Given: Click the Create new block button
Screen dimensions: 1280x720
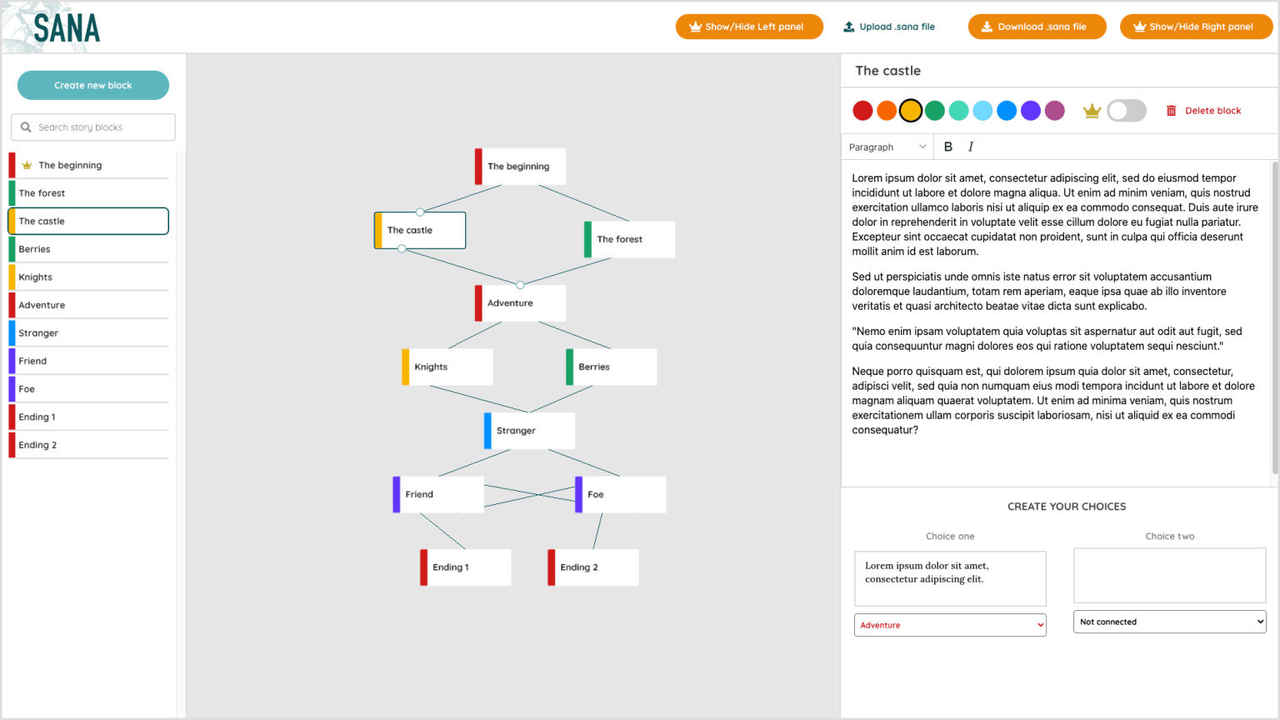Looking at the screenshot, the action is coord(93,85).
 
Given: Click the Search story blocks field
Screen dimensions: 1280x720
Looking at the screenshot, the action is coord(93,127).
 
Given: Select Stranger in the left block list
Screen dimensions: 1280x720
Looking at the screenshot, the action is coord(88,332).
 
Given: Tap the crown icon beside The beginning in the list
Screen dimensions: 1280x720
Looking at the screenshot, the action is coord(27,165).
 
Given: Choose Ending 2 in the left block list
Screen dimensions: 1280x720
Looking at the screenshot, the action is coord(88,444).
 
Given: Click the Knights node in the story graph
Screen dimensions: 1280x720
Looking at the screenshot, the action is coord(447,367).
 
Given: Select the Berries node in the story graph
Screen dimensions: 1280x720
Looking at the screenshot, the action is coord(612,367).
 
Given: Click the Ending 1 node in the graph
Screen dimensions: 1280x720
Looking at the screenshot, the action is coord(466,567).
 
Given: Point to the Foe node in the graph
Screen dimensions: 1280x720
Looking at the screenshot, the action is coord(621,494).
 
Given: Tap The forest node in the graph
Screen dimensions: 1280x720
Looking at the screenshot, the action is coord(630,239).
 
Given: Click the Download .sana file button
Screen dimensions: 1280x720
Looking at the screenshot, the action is coord(1037,27).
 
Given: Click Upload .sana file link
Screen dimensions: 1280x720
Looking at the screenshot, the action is coord(889,27).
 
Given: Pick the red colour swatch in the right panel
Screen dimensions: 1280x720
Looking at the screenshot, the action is coord(862,110).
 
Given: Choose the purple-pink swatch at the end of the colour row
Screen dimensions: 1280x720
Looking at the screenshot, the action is coord(1055,110).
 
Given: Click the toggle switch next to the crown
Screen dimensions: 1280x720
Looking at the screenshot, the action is coord(1127,110).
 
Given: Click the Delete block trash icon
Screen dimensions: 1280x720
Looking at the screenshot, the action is coord(1171,111).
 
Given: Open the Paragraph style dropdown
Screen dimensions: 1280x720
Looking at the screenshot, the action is coord(887,147).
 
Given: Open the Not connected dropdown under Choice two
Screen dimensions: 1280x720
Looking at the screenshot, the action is coord(1170,622).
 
